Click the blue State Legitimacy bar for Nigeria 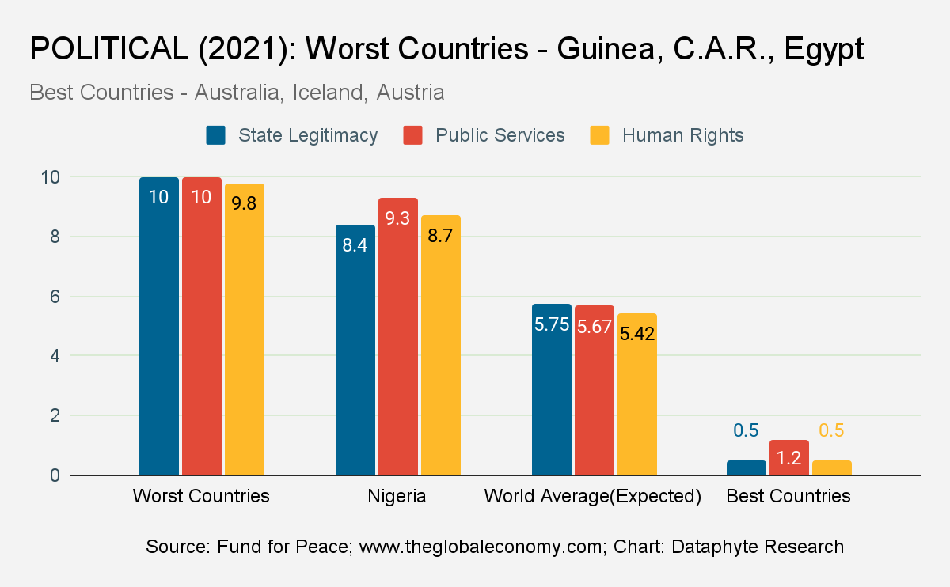pos(355,350)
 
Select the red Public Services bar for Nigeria pos(398,336)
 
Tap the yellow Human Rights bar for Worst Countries pos(245,329)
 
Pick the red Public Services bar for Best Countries pos(789,457)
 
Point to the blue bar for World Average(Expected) pos(552,389)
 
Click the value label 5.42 pos(637,334)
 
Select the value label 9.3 pos(397,218)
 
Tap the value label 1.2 pos(788,458)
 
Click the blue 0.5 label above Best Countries pos(746,430)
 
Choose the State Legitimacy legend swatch pos(215,135)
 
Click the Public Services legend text pos(500,135)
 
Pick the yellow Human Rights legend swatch pos(600,135)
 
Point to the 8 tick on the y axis pos(55,237)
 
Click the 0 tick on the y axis pos(55,475)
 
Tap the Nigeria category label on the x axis pos(397,496)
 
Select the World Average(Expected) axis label pos(593,496)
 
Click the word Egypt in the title pos(824,49)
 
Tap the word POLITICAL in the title pos(109,48)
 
